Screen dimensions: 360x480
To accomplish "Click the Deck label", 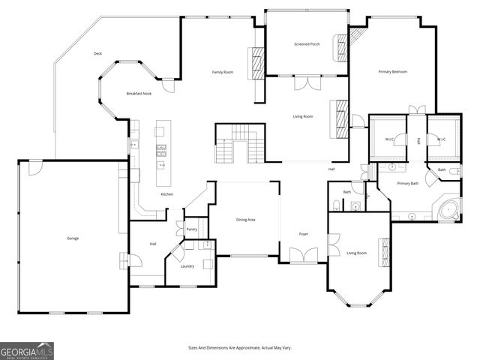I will pos(97,53).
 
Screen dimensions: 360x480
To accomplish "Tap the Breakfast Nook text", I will pos(139,93).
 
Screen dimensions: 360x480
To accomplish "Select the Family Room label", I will pos(223,72).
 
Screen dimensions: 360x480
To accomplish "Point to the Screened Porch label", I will pos(307,44).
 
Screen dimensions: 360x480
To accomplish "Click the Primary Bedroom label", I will pos(392,71).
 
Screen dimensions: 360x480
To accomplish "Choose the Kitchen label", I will pos(166,194).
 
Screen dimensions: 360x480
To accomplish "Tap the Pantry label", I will pos(192,229).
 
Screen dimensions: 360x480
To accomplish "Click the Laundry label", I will pos(187,265).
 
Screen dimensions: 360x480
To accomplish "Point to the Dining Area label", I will pos(246,220).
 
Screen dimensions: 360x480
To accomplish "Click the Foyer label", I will pos(304,234).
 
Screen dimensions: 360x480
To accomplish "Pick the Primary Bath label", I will pos(408,184).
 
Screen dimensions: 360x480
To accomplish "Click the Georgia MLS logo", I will pos(27,350).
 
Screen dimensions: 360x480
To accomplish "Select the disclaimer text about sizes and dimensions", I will pos(240,348).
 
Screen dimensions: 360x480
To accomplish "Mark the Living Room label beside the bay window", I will pos(356,253).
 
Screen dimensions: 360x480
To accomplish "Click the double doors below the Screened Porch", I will pos(307,83).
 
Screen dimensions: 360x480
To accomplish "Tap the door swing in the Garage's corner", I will pos(34,168).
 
